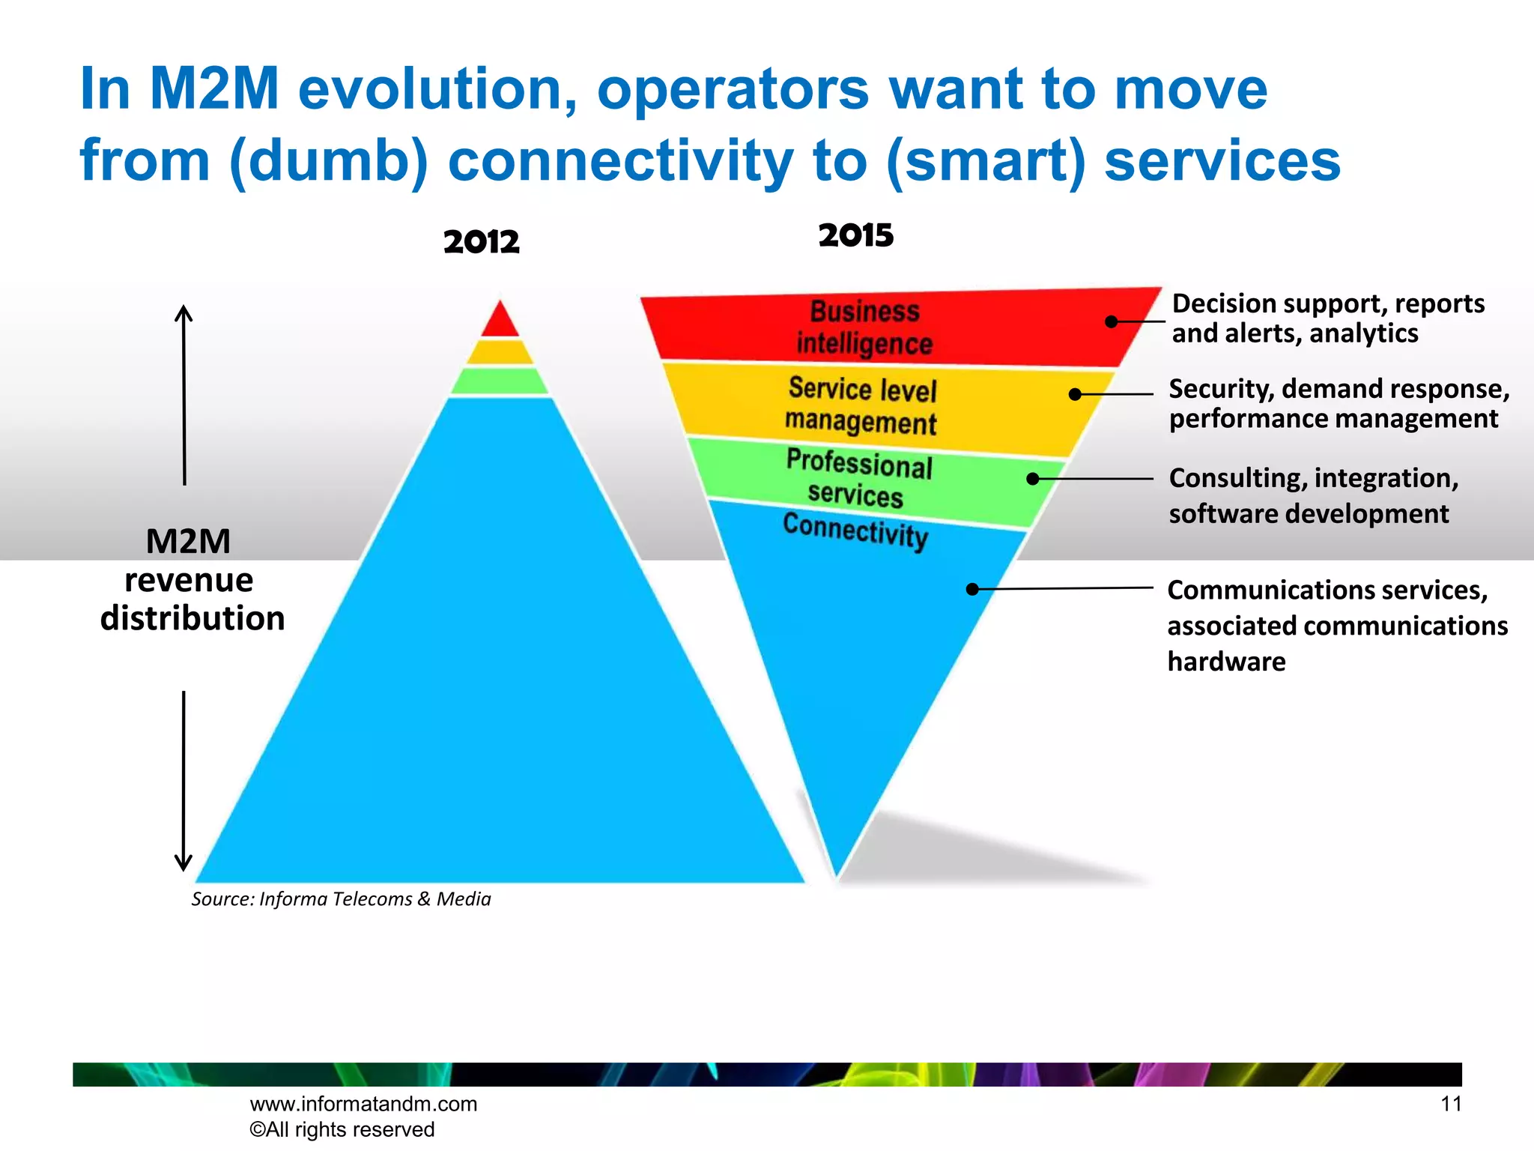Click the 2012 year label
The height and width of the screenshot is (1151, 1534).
[481, 241]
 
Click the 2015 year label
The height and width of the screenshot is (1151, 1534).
[855, 235]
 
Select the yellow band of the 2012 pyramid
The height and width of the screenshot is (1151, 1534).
[500, 351]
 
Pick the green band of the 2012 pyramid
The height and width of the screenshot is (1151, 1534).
[500, 381]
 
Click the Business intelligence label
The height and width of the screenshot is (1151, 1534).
[864, 327]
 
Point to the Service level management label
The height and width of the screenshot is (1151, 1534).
[861, 405]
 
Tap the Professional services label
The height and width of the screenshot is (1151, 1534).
[858, 478]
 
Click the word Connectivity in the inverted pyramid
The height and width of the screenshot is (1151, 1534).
[855, 531]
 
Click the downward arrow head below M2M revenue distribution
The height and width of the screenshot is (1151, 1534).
[184, 863]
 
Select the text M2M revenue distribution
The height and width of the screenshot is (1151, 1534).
[192, 580]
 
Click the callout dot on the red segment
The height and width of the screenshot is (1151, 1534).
[1112, 321]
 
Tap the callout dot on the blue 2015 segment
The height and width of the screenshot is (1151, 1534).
[972, 589]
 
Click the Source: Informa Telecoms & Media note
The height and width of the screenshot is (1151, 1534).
[341, 898]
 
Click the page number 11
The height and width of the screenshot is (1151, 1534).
[1451, 1104]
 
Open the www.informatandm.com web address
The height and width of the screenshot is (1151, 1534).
[363, 1104]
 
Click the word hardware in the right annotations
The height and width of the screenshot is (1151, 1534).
[1226, 662]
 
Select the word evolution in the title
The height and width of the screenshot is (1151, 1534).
[437, 89]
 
